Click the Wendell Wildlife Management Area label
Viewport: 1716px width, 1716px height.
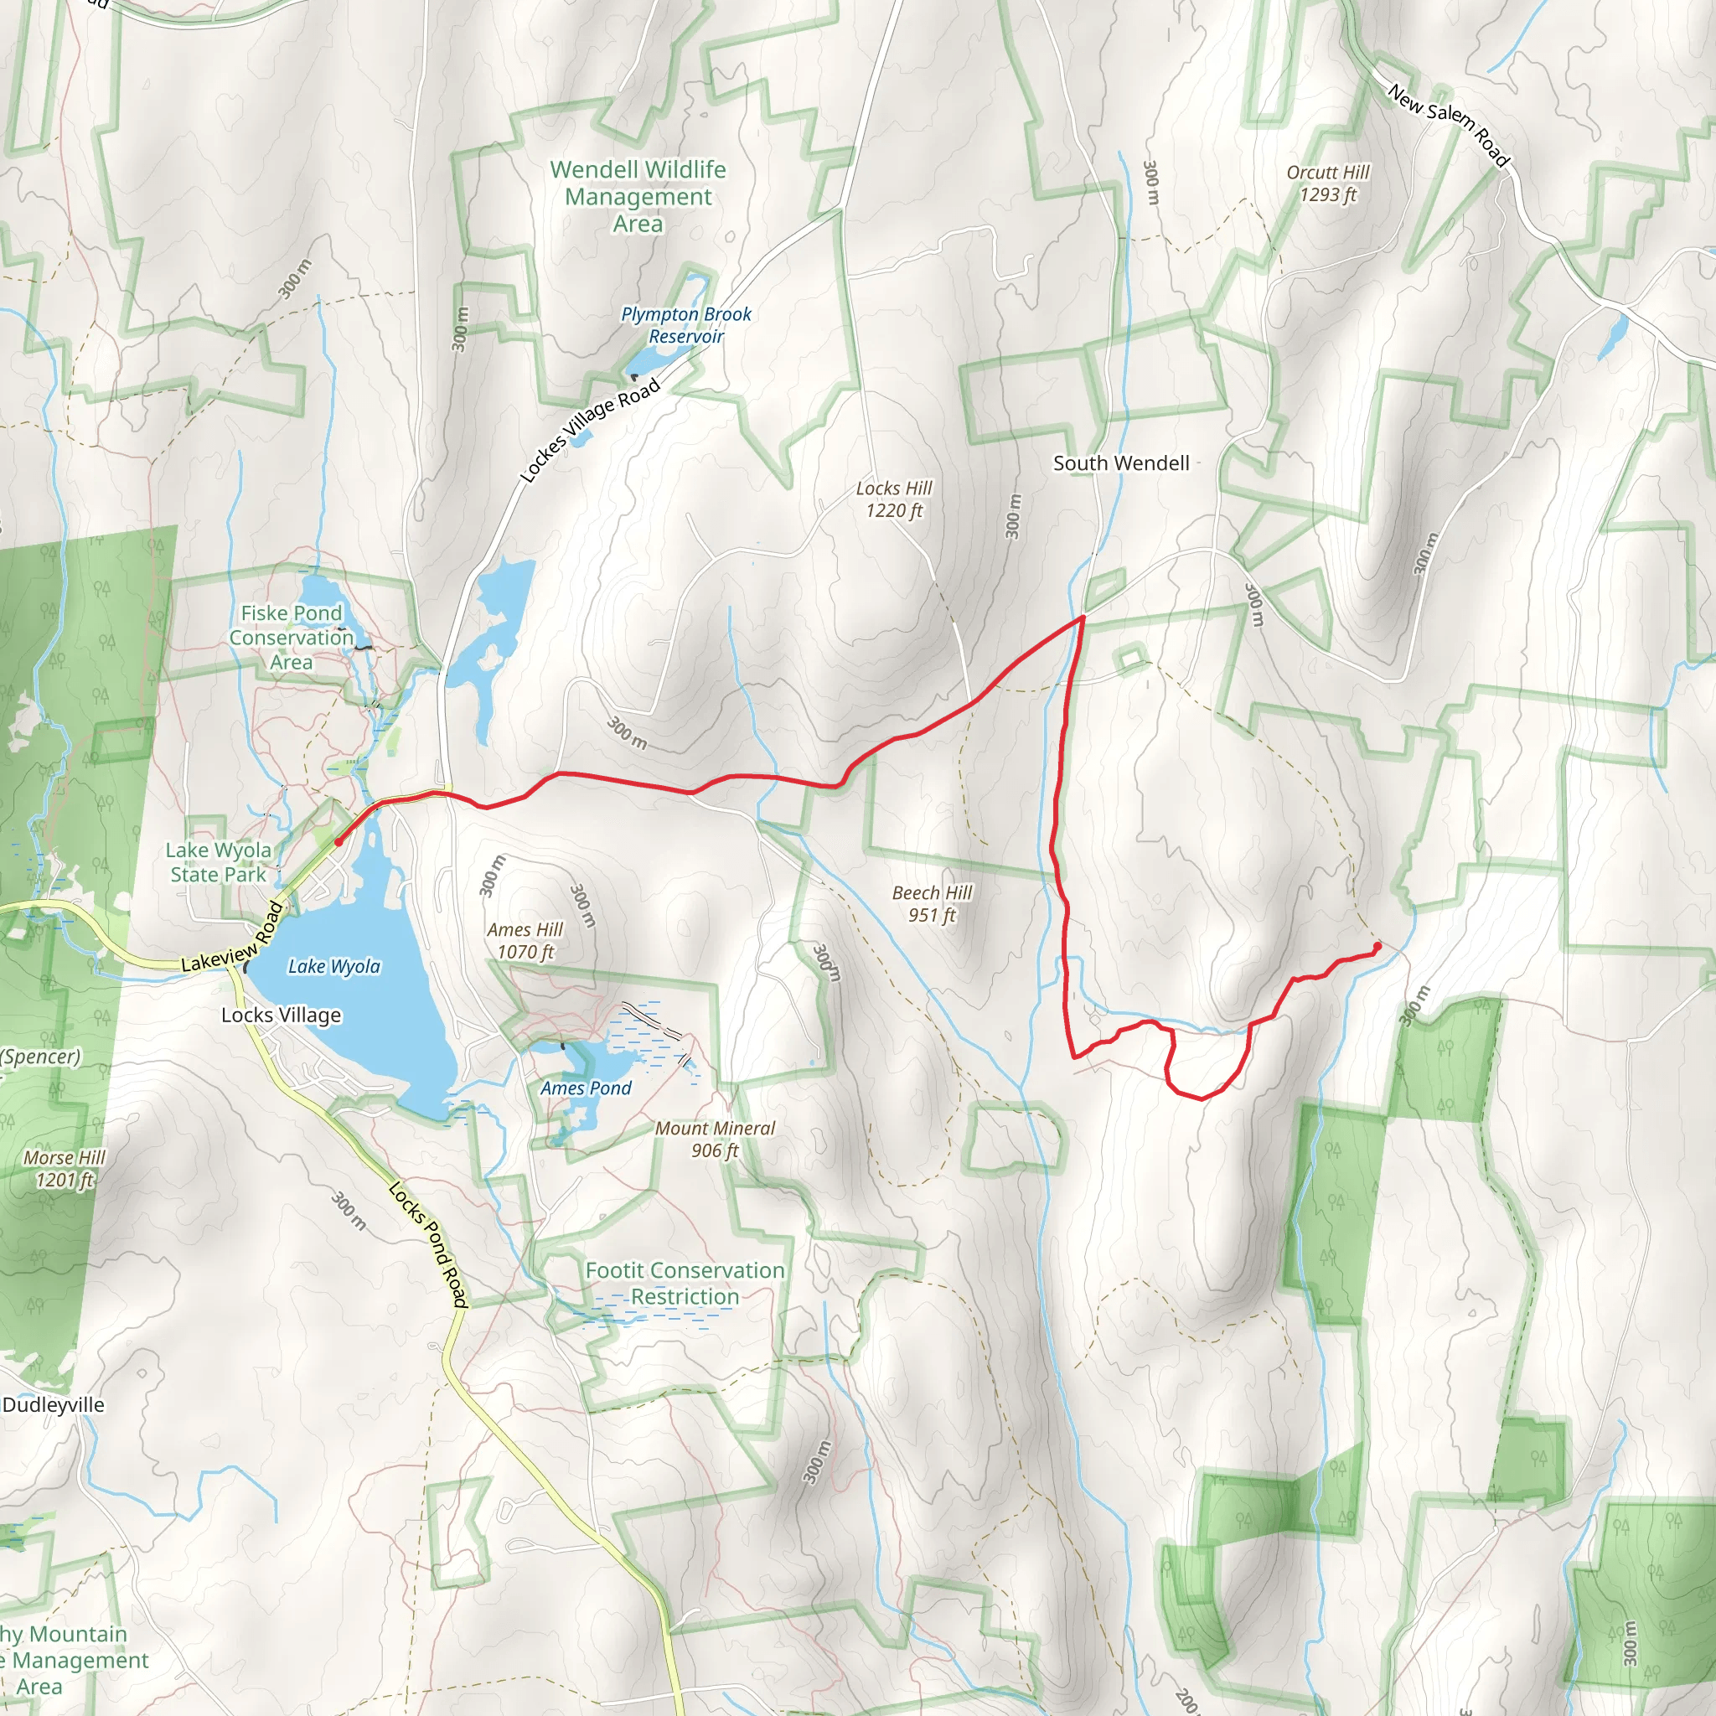(x=638, y=196)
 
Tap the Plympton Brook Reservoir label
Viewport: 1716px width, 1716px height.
(x=685, y=325)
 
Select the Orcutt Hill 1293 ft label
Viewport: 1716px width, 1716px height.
(x=1328, y=183)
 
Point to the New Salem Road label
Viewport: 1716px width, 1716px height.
(x=1449, y=125)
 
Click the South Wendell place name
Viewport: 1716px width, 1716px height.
(x=1121, y=463)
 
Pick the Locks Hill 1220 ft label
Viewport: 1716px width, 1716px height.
(x=893, y=499)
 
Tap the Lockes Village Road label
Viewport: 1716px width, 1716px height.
(x=590, y=430)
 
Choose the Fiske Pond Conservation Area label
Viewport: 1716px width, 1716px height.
(x=292, y=638)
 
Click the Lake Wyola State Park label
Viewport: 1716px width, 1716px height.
(x=219, y=862)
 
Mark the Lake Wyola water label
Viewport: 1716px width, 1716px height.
(x=334, y=966)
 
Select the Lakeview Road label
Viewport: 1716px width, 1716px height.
(x=233, y=938)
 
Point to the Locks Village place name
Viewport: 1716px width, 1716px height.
(x=281, y=1016)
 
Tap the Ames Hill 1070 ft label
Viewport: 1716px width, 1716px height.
(x=525, y=941)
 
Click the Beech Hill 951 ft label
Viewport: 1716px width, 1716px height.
(x=932, y=903)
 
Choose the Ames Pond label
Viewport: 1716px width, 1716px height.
(x=587, y=1088)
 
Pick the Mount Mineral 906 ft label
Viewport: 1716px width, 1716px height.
(x=715, y=1139)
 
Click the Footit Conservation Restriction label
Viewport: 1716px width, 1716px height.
(x=685, y=1284)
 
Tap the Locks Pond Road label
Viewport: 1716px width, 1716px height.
(x=428, y=1244)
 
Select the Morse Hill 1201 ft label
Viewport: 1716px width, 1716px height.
(x=64, y=1169)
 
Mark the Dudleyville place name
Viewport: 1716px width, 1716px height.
(x=54, y=1404)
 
